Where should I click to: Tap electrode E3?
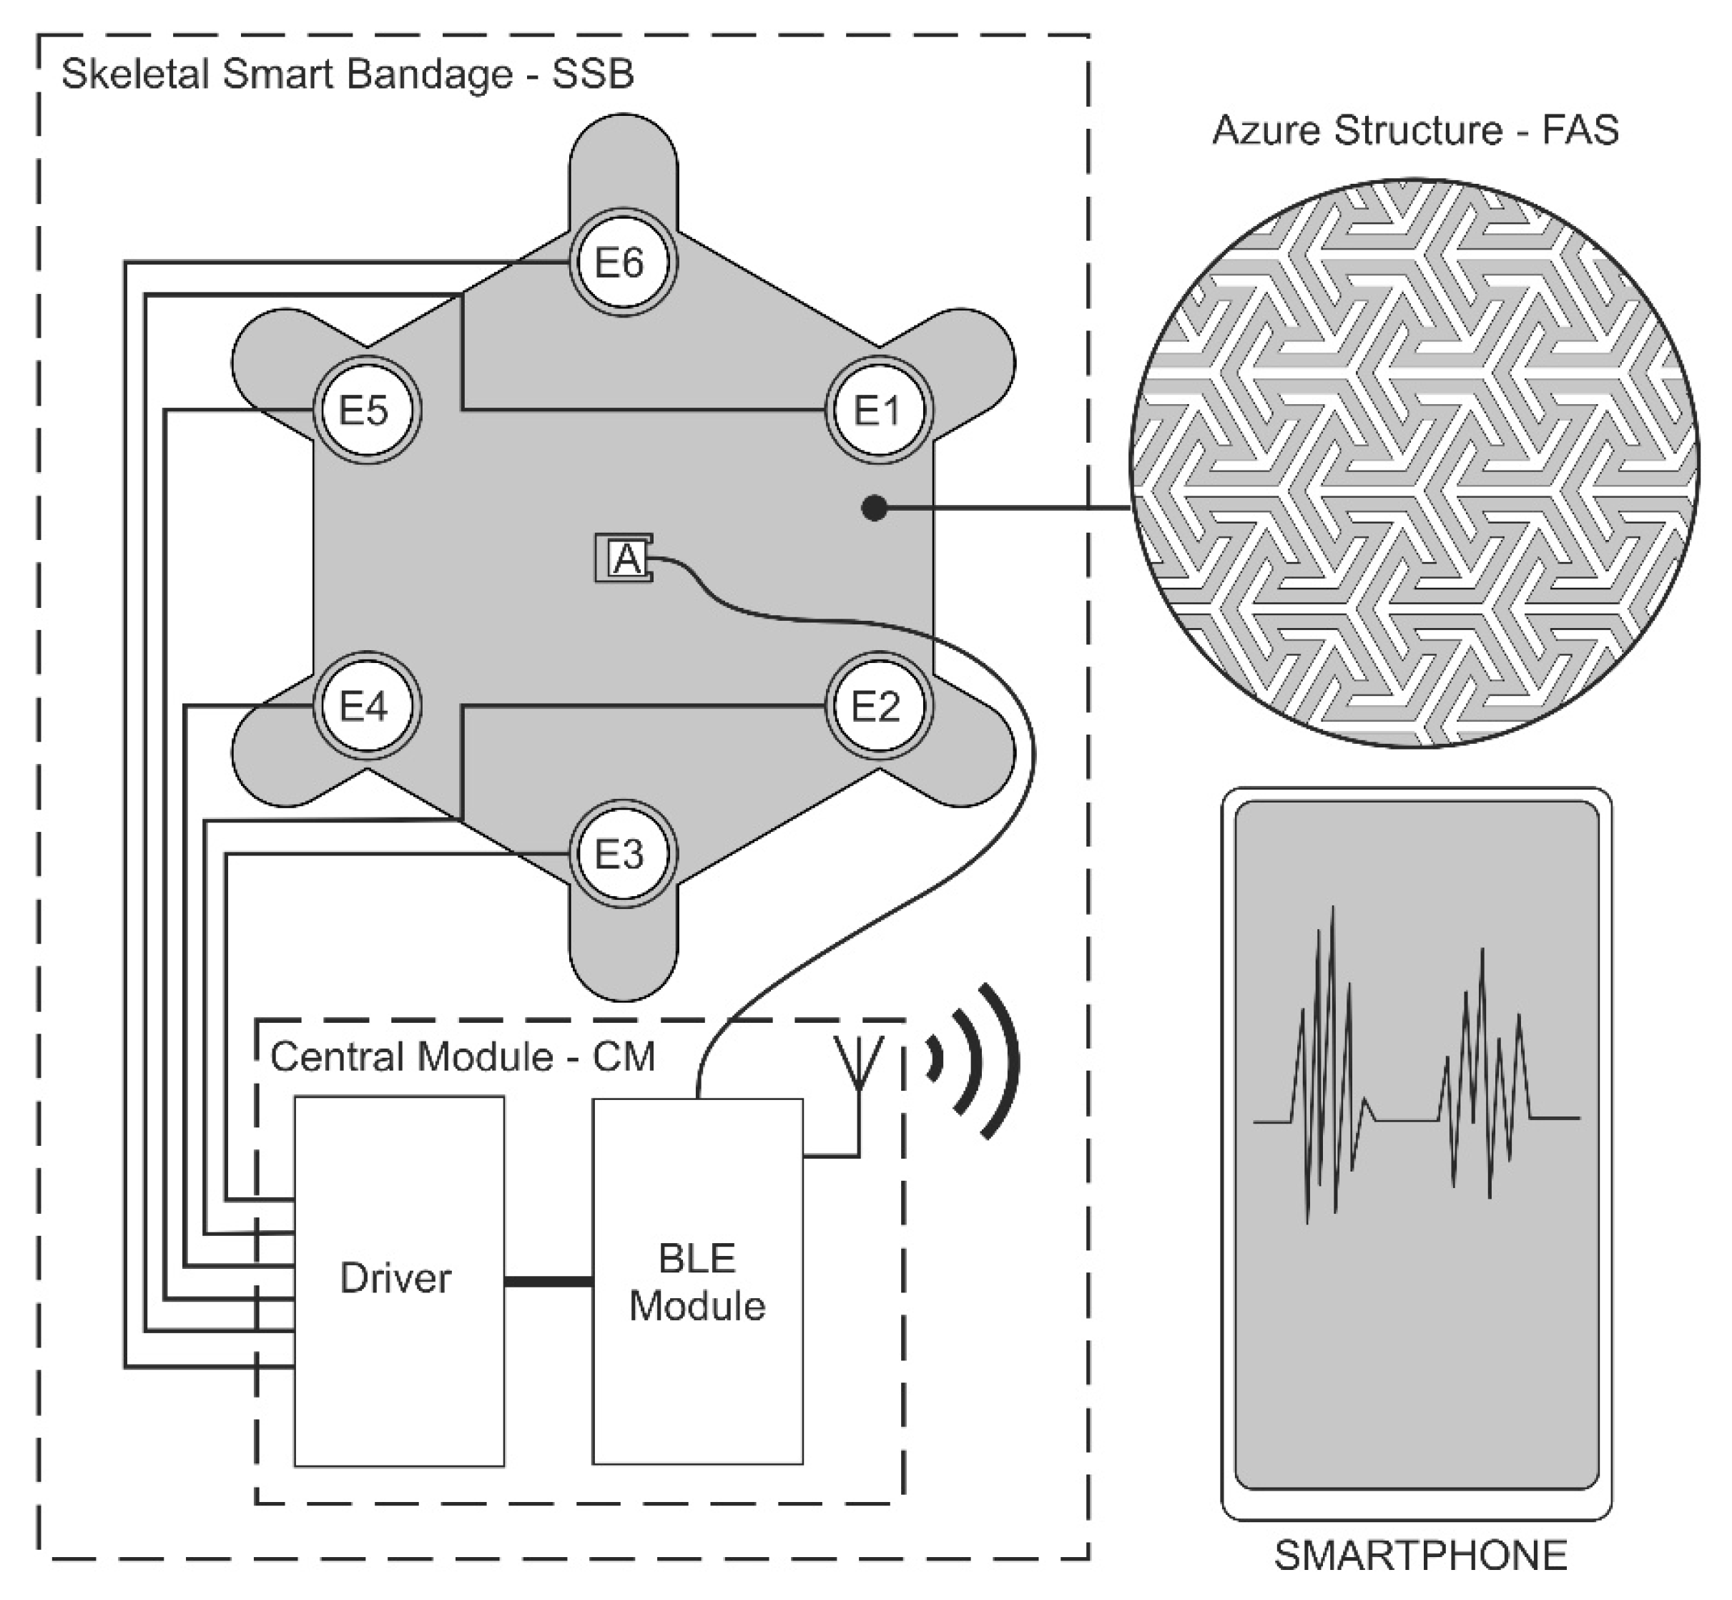621,855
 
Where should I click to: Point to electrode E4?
366,707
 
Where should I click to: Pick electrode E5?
366,410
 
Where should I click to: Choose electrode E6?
621,262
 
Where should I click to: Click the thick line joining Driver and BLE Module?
548,1282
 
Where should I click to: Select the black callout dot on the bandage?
874,509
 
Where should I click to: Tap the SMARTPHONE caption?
1420,1555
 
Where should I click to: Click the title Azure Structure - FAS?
1415,131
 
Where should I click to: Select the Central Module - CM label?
462,1057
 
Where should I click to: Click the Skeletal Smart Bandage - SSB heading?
347,74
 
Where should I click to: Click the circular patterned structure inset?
1414,463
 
